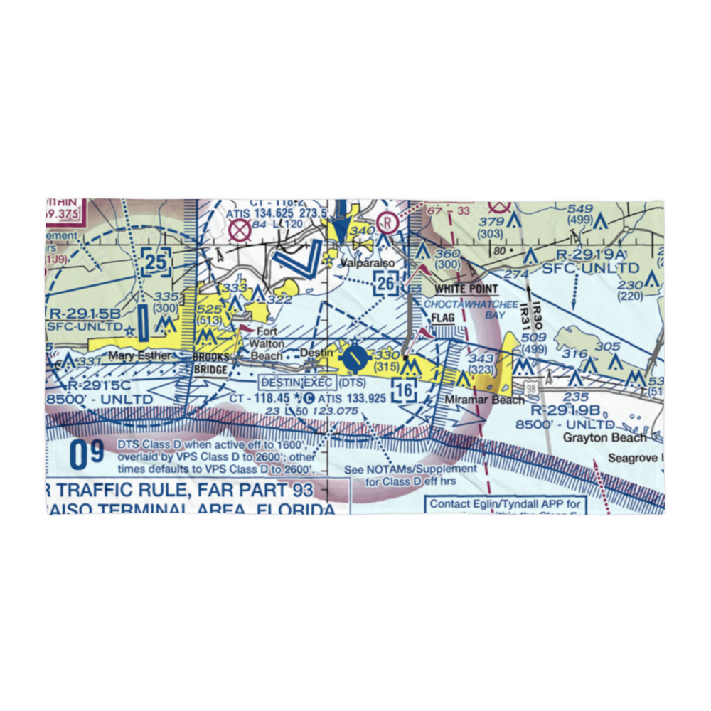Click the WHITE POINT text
(x=466, y=289)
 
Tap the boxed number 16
(x=405, y=390)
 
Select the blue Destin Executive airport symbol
(x=353, y=359)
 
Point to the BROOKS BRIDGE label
(x=211, y=365)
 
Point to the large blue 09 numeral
(x=87, y=455)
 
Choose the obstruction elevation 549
(x=580, y=208)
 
